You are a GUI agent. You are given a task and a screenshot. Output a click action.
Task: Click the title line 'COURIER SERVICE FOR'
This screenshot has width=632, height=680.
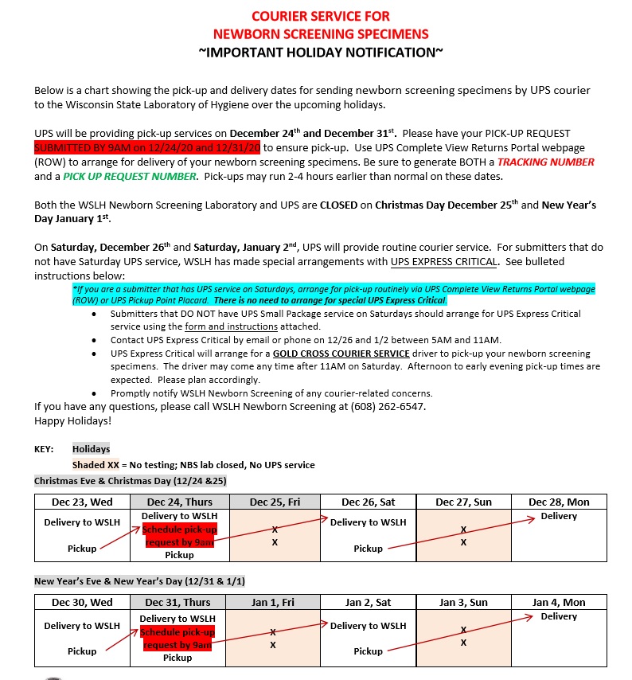(321, 16)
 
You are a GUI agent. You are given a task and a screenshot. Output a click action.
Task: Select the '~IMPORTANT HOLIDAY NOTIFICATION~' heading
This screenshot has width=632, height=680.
(321, 52)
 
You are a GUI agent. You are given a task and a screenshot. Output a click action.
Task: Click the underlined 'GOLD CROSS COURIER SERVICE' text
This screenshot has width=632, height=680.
(341, 353)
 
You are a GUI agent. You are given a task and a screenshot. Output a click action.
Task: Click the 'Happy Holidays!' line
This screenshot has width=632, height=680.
(73, 420)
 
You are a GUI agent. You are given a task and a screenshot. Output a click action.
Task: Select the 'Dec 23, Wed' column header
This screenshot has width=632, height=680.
(82, 502)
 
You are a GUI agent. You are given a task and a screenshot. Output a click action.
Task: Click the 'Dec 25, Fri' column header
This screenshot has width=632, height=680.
(275, 502)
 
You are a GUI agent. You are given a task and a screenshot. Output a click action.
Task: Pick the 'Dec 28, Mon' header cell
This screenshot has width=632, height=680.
(559, 502)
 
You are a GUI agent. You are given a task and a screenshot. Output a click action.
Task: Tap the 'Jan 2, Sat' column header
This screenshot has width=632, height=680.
(368, 603)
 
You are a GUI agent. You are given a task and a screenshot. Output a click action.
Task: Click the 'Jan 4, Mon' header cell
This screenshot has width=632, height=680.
(559, 603)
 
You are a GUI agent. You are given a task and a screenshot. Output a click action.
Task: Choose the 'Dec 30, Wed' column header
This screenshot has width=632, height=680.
(82, 603)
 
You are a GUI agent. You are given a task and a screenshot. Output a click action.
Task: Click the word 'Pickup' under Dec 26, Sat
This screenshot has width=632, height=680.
(368, 549)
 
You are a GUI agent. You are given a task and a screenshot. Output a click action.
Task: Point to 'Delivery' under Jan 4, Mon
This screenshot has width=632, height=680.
(559, 616)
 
